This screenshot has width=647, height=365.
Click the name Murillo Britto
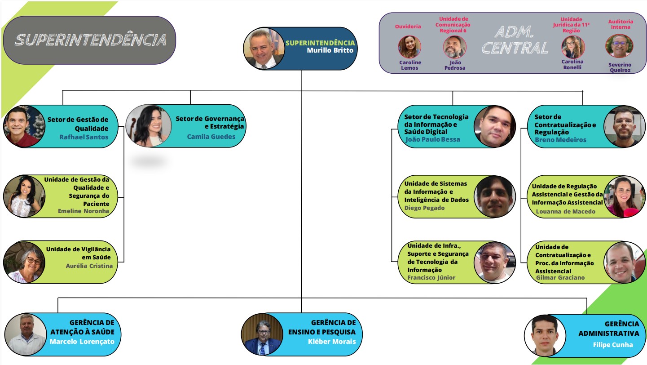(x=330, y=50)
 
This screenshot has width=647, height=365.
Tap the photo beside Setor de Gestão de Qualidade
(x=24, y=126)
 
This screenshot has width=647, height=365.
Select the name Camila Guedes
(x=211, y=137)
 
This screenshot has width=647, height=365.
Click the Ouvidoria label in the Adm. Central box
(x=408, y=27)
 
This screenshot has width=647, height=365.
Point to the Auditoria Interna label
(x=621, y=24)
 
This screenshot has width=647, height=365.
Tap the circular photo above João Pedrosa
(x=454, y=47)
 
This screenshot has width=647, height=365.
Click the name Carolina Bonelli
(x=572, y=64)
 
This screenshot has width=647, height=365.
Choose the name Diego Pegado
(x=424, y=208)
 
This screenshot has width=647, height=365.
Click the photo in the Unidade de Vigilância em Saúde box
(x=24, y=262)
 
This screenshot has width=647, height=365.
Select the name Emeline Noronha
(x=84, y=211)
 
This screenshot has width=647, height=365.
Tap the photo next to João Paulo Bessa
(x=495, y=126)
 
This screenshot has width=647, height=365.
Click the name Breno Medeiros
(x=560, y=140)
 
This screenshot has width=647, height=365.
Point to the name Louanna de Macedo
(x=566, y=211)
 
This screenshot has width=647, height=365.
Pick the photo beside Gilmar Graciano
(x=625, y=263)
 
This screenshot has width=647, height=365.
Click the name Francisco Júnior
(x=431, y=278)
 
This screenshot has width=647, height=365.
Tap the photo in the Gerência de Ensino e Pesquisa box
(x=262, y=334)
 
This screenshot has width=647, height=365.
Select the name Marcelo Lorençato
(x=82, y=342)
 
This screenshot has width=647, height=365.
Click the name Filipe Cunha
(x=613, y=345)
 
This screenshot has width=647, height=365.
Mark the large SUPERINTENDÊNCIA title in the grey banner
(x=90, y=40)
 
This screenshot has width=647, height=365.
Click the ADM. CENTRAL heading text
(x=515, y=40)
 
